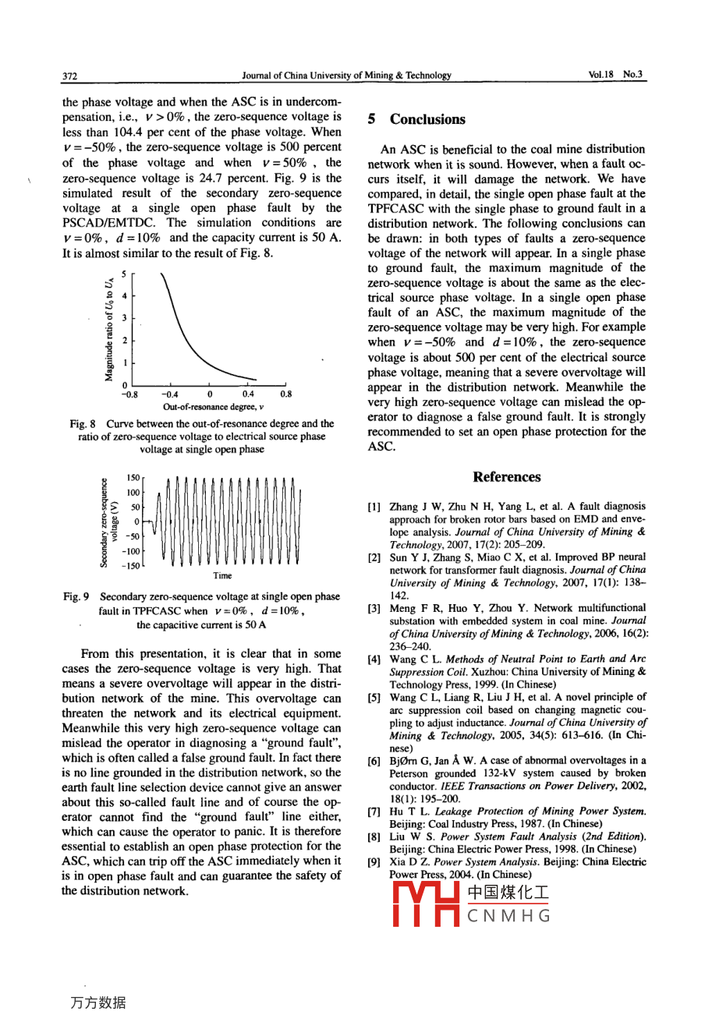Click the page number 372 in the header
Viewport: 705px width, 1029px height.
(69, 76)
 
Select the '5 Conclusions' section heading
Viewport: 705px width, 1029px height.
(416, 119)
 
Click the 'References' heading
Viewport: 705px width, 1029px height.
(506, 477)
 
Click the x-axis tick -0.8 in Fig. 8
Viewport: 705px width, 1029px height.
(129, 394)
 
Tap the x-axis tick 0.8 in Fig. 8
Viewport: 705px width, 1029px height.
(285, 394)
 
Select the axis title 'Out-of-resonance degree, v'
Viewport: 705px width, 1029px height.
(213, 407)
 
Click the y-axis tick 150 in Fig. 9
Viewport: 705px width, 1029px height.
(133, 478)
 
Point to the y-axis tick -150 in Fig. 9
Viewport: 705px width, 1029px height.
(132, 566)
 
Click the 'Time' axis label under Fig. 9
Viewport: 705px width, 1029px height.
(222, 576)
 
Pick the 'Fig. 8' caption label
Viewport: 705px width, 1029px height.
(82, 424)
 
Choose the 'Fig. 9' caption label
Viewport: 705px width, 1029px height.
(76, 597)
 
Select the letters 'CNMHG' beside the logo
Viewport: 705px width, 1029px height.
(508, 916)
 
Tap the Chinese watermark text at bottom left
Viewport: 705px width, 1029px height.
(97, 1002)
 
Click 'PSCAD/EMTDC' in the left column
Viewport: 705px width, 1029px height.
(108, 223)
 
